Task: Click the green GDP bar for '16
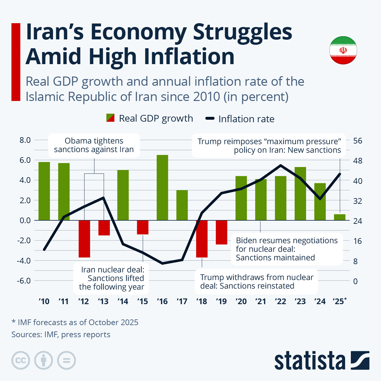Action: click(162, 187)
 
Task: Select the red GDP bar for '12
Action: click(84, 239)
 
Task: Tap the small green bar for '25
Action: click(340, 217)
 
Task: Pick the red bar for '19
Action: click(222, 232)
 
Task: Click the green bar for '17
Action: click(182, 205)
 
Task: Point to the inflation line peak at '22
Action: click(281, 165)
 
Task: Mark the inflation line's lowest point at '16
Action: click(162, 263)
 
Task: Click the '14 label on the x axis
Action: click(123, 301)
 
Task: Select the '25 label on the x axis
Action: click(339, 301)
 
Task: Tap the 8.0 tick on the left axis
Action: click(25, 140)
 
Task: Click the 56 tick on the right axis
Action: click(358, 141)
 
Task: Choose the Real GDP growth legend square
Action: click(110, 118)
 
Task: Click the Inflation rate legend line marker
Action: click(210, 119)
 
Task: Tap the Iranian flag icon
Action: click(343, 50)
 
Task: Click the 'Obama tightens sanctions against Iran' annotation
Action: click(94, 145)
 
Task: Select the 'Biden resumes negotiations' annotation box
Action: click(287, 249)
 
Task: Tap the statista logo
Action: click(321, 360)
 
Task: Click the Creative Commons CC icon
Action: click(21, 360)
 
